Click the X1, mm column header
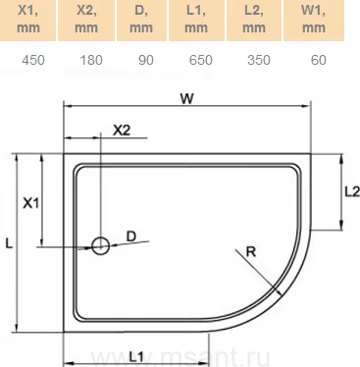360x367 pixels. pos(28,21)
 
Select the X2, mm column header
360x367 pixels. pos(86,21)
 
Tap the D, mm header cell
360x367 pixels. pos(141,21)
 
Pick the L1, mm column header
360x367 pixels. pos(196,21)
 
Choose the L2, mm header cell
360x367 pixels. pos(254,21)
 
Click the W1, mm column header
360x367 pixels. pos(314,21)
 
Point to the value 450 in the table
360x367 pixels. pos(33,60)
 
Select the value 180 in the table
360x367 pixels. pos(91,60)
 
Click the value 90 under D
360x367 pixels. pos(146,60)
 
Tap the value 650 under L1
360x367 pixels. pos(201,60)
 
